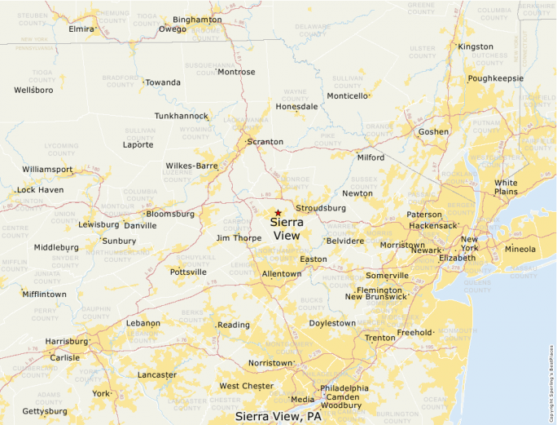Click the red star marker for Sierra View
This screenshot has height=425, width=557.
[x=278, y=213]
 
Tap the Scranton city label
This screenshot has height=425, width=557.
[x=265, y=142]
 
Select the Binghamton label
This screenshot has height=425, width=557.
[x=197, y=20]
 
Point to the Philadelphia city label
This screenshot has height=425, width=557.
[x=344, y=388]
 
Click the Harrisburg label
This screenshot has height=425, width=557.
[x=67, y=341]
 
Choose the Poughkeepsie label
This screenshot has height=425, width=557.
[x=495, y=78]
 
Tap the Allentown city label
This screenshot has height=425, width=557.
[x=282, y=274]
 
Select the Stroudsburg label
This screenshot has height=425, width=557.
[x=321, y=208]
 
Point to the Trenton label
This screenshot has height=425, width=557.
[x=379, y=338]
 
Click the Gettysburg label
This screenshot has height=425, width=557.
[x=45, y=411]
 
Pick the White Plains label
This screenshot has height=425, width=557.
[x=506, y=187]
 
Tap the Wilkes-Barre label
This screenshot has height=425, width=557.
[x=192, y=166]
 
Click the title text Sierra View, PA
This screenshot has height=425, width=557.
[x=278, y=417]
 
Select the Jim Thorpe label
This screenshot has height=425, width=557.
[x=239, y=238]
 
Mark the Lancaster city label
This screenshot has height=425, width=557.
[x=157, y=375]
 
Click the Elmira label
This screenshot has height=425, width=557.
[x=81, y=29]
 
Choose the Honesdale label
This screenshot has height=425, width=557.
[x=297, y=107]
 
